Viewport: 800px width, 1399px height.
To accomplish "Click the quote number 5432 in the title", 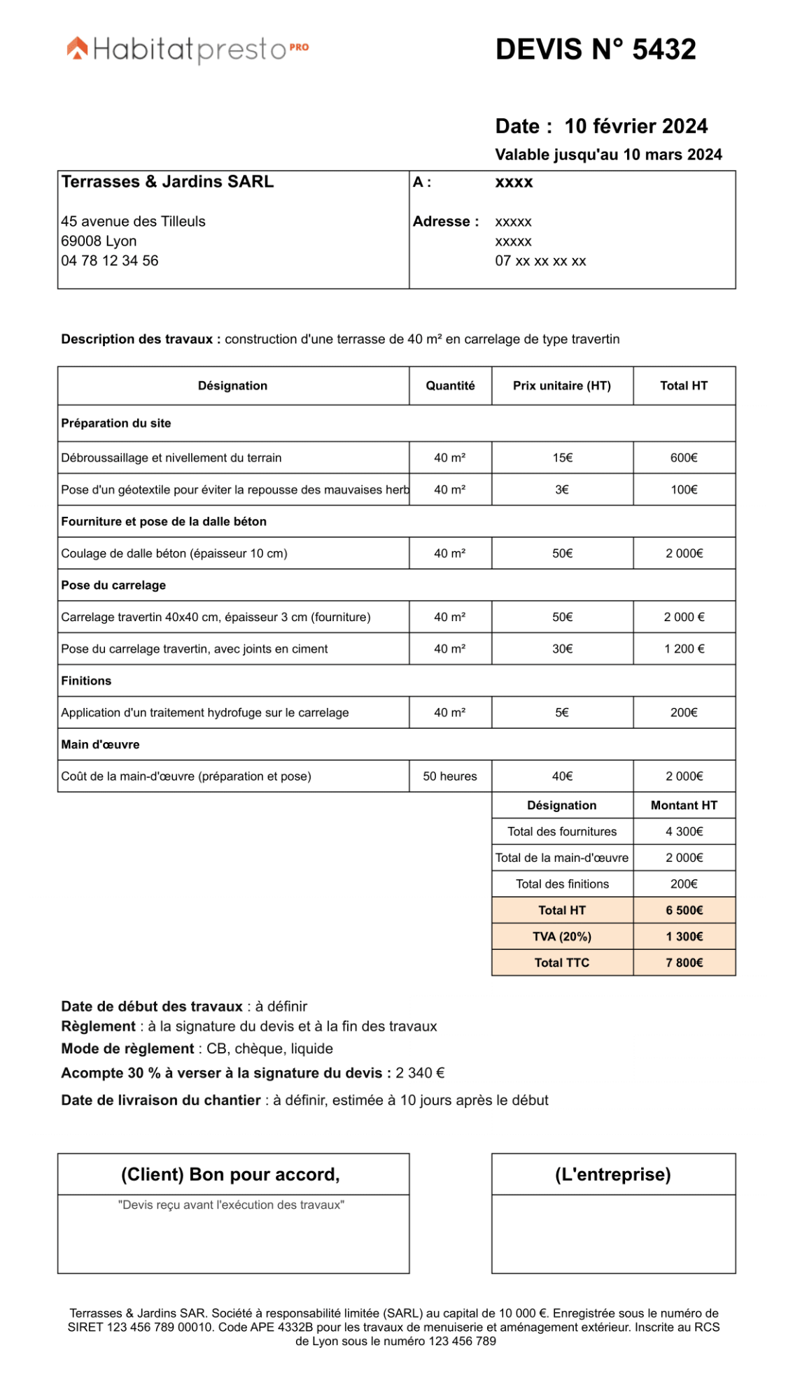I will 664,50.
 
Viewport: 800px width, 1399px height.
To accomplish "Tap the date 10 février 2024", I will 636,127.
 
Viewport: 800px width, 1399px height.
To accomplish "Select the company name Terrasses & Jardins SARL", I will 167,182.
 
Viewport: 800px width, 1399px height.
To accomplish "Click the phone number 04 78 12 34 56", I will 110,261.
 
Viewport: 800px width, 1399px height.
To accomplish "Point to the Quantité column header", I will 450,385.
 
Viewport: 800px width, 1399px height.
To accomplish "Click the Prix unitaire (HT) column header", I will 561,385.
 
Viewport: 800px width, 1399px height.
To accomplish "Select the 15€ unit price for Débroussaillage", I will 562,457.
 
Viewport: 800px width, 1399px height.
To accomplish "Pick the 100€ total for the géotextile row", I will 684,490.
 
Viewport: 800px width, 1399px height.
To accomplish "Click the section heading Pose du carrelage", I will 113,585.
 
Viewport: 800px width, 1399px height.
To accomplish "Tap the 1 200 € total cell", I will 684,649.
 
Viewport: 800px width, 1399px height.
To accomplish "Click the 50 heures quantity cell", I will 450,776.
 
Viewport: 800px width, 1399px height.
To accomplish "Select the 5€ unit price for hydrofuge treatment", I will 562,713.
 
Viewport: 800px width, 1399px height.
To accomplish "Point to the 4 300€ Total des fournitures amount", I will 684,832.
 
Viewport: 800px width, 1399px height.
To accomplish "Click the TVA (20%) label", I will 561,937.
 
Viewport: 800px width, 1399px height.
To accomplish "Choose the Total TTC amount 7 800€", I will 684,963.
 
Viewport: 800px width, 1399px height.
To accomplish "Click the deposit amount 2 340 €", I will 420,1073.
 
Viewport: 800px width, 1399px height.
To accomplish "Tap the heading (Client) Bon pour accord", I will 230,1174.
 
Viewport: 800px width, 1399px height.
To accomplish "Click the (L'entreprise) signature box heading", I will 612,1174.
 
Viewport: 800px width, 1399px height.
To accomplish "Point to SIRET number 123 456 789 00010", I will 159,1328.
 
